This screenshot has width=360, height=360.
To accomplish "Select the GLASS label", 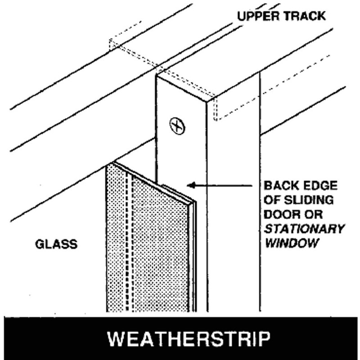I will point(56,245).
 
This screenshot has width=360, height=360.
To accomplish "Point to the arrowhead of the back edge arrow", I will point(190,184).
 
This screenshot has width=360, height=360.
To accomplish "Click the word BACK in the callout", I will point(278,185).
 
